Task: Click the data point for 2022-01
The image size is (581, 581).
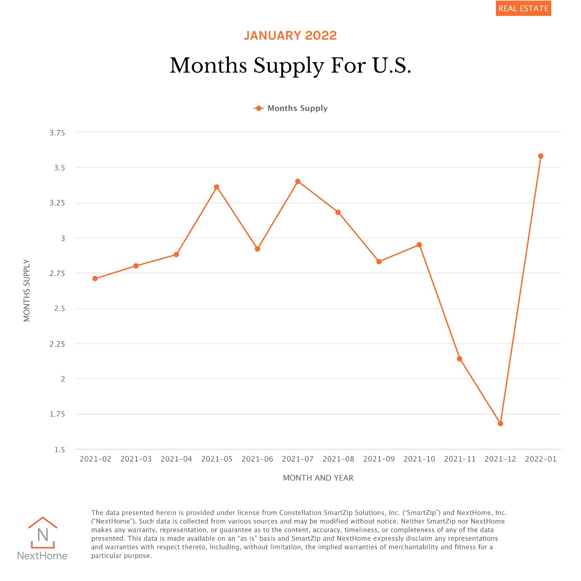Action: tap(540, 156)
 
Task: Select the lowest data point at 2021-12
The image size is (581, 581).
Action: tap(500, 423)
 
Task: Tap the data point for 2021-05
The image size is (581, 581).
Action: tap(216, 187)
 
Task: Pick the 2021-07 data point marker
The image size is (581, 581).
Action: tap(298, 181)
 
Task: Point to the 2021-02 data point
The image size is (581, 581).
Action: tap(95, 279)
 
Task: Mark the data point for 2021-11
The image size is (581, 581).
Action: tap(459, 359)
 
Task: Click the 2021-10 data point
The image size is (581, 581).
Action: tap(419, 245)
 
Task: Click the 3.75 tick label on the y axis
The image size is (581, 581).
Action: tap(57, 133)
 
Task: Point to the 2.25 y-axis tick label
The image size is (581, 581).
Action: tap(57, 344)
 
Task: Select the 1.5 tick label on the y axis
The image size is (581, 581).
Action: tap(60, 450)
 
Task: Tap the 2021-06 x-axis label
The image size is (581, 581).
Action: tap(257, 459)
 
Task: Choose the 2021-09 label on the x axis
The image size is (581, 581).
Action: tap(379, 459)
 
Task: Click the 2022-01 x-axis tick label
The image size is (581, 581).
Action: tap(540, 459)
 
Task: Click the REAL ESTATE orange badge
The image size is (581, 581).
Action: tap(523, 8)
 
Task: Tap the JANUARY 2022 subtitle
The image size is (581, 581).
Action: tap(290, 36)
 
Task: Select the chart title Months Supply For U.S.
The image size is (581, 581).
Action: tap(290, 65)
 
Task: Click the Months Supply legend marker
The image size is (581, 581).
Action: tap(259, 108)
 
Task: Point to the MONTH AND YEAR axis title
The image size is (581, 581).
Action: tap(318, 478)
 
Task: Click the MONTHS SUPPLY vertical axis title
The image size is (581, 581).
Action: tap(27, 290)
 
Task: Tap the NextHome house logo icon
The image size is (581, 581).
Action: tap(42, 532)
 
